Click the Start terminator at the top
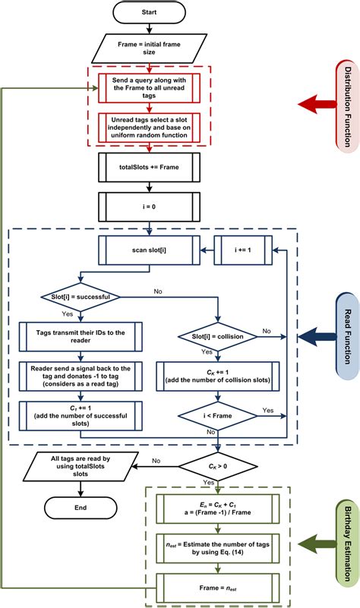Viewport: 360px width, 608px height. (x=150, y=12)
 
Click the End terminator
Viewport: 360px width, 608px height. (x=81, y=508)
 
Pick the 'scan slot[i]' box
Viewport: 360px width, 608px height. (x=150, y=248)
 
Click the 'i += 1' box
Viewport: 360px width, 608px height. (x=242, y=248)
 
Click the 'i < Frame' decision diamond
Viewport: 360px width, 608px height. (x=218, y=415)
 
